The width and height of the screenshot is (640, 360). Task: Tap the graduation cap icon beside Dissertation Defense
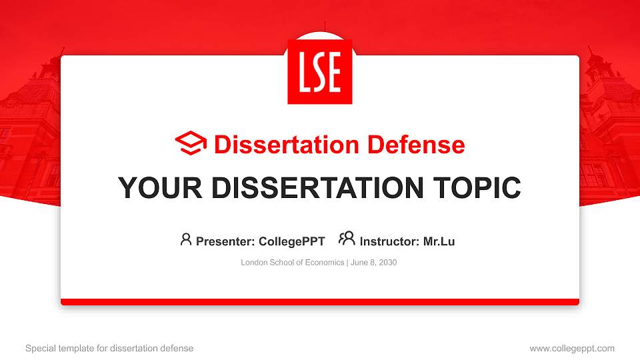[191, 144]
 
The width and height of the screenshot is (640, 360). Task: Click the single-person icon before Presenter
[186, 240]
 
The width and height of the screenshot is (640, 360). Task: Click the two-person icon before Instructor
[347, 239]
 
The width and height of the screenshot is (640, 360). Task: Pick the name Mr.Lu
[439, 241]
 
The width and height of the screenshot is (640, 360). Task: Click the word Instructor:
[389, 241]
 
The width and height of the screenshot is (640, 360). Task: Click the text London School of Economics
[292, 263]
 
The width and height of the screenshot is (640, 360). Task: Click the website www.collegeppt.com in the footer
[571, 348]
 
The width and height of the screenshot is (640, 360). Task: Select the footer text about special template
[109, 348]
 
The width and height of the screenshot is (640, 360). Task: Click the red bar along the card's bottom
[320, 302]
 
